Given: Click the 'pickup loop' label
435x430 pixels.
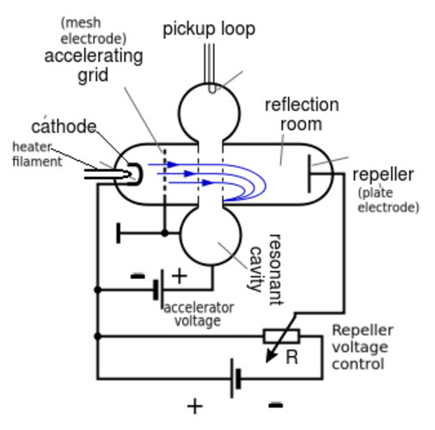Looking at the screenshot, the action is click(209, 29).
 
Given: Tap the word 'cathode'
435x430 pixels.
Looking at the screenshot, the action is click(64, 126).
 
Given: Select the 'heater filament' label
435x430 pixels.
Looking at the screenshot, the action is click(37, 154).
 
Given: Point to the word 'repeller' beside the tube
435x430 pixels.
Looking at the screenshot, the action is click(383, 175).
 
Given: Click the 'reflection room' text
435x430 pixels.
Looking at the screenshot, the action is click(302, 114).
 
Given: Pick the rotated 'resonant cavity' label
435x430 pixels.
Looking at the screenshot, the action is click(266, 269).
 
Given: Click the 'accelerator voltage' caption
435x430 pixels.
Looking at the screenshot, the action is click(199, 314).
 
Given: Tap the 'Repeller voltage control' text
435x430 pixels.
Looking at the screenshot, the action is click(363, 347).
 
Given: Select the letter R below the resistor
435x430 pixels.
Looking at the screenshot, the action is click(291, 357).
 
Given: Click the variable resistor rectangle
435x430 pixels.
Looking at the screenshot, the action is click(281, 336).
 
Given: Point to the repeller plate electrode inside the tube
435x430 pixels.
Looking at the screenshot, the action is click(309, 174).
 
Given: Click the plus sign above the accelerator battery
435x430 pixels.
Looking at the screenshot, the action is click(180, 276).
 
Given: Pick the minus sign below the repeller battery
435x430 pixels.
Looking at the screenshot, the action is click(276, 405).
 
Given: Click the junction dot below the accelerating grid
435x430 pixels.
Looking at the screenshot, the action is click(164, 233).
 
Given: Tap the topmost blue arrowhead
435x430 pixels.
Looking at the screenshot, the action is click(173, 164).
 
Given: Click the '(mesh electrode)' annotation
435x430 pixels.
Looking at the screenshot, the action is click(94, 31).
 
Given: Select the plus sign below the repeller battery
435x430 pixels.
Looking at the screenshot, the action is click(195, 406).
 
